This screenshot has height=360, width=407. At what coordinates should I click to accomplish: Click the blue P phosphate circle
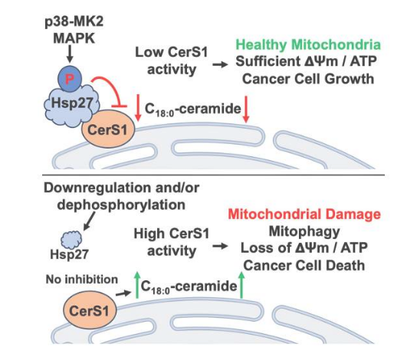pos(70,79)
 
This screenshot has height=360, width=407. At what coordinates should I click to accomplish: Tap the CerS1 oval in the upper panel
pos(108,129)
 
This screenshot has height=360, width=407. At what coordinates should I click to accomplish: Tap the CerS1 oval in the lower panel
pos(89,310)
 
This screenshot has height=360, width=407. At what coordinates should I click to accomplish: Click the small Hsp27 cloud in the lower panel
pos(71,240)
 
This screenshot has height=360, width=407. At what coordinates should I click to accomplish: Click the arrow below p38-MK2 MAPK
pos(70,54)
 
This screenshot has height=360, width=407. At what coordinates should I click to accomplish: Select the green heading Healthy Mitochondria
pos(308,44)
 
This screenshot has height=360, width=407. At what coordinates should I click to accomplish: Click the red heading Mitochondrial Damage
pos(304,214)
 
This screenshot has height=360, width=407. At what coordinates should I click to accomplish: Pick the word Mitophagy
pos(304,231)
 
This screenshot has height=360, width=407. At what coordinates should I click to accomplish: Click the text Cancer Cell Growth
pos(308,79)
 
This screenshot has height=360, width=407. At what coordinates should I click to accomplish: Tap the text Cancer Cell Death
pos(304,265)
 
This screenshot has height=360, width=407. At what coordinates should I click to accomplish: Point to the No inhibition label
pos(82,280)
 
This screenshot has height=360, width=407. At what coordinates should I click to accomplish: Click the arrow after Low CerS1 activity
pos(220,64)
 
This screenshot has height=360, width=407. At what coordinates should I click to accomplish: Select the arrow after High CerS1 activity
pos(220,246)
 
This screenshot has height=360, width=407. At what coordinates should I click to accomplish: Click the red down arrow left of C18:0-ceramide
pos(138,108)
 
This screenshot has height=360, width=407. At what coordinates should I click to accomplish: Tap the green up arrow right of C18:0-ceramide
pos(241,285)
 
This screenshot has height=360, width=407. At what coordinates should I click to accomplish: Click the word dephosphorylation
pos(121,205)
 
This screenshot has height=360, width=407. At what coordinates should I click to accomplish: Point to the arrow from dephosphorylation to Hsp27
pos(89,221)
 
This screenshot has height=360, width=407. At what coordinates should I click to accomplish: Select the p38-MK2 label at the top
pos(74,21)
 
